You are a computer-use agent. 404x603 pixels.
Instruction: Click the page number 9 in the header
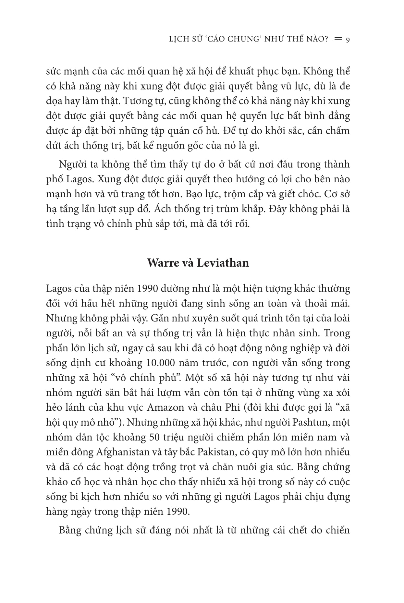(x=347, y=40)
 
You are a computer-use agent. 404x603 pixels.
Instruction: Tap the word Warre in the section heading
(x=163, y=262)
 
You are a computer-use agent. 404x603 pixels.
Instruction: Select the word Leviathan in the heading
(x=223, y=262)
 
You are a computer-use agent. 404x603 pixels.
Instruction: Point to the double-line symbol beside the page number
(x=338, y=39)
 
